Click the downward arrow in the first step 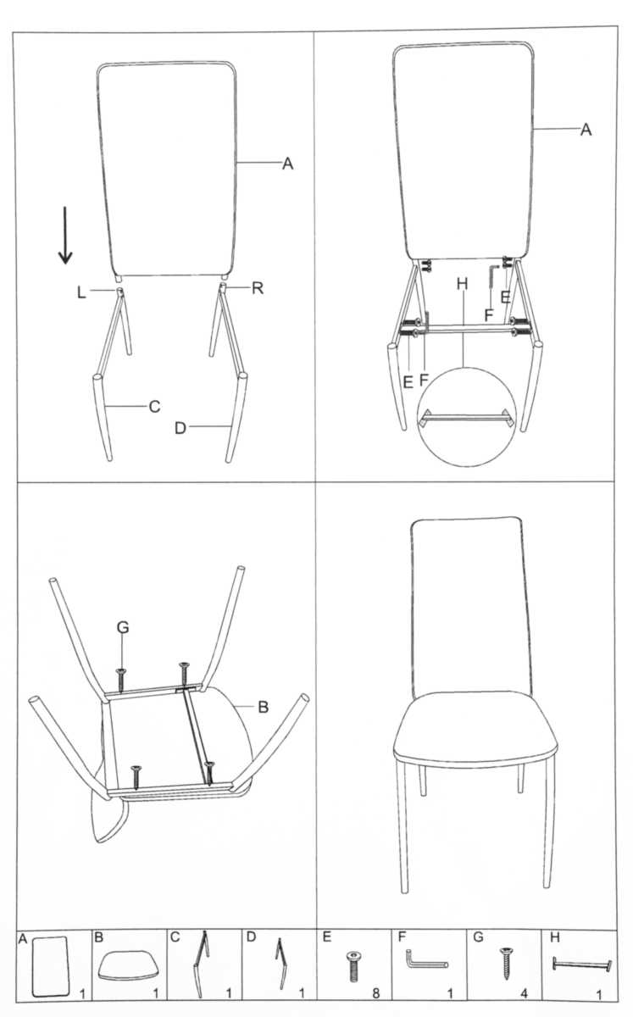tap(65, 236)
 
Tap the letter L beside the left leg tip tap(81, 292)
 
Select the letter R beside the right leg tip tap(258, 288)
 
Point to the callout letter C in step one tap(154, 406)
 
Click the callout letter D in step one tap(180, 428)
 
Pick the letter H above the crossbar tap(463, 284)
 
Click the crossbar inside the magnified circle tap(467, 417)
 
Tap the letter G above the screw tap(123, 627)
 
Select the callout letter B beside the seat tap(263, 707)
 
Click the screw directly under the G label tap(121, 680)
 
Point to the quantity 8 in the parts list tap(375, 993)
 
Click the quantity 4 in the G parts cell tap(524, 993)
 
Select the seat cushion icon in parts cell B tap(130, 964)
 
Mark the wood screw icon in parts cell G tap(505, 963)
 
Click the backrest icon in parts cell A tap(51, 965)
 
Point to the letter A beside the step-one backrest tap(287, 164)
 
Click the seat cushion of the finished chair tap(475, 728)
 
